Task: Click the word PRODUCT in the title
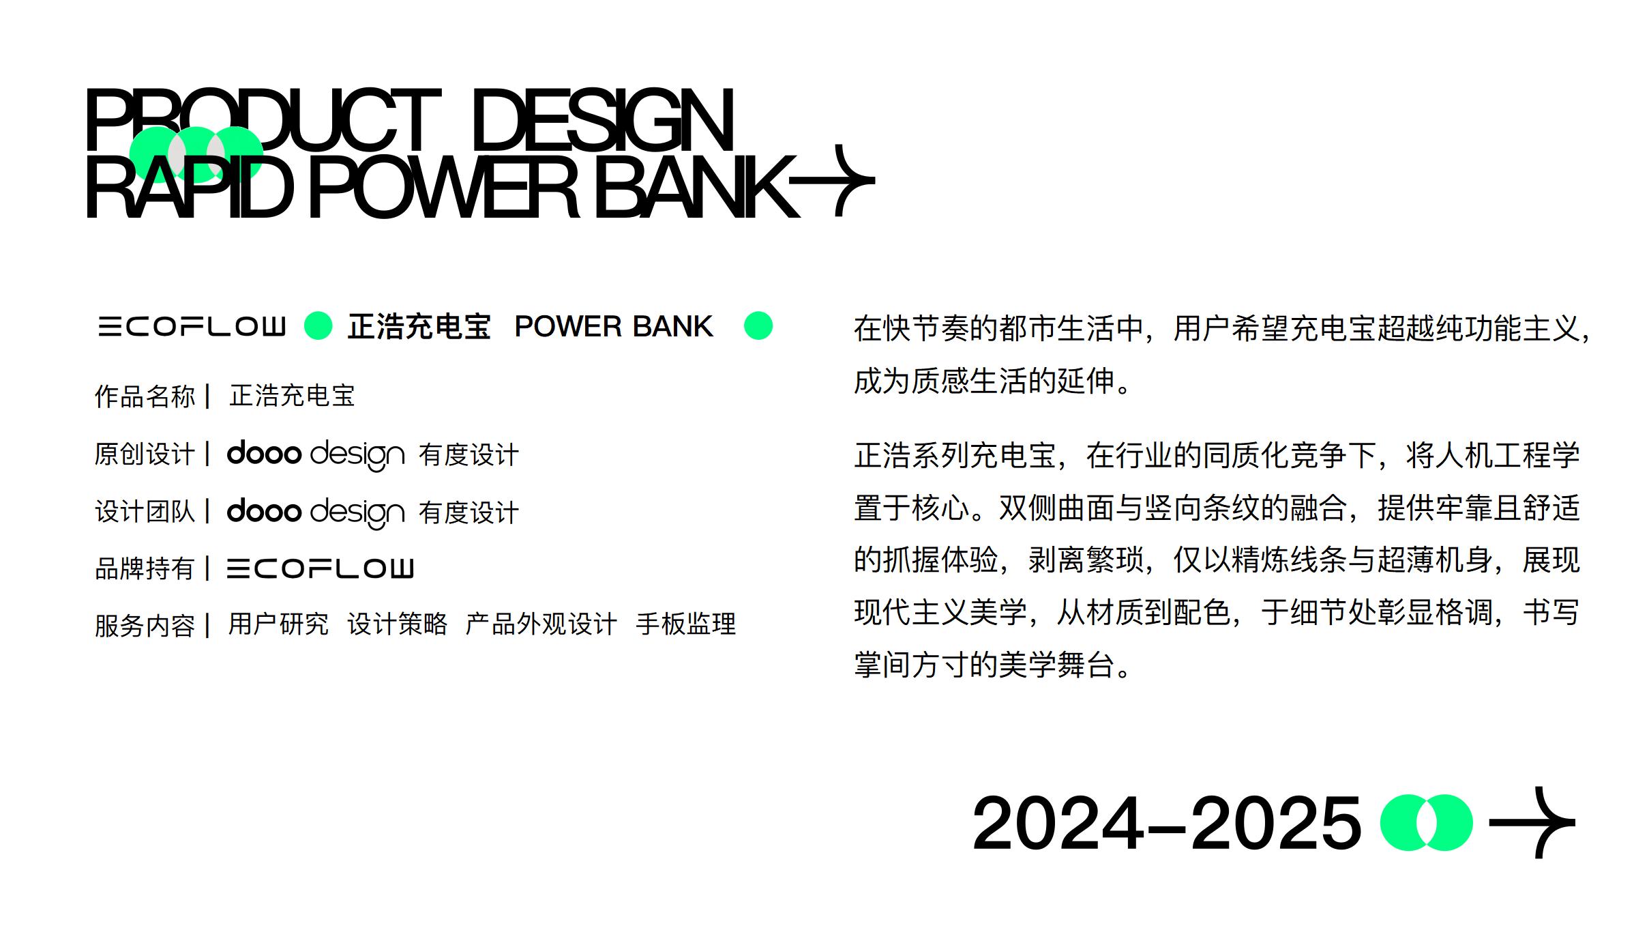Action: tap(263, 121)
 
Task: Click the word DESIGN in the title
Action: tap(601, 121)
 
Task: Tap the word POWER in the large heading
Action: tap(444, 187)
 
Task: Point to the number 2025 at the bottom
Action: tap(1275, 823)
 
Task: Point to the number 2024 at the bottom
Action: tap(1058, 823)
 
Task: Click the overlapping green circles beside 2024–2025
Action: tap(1426, 822)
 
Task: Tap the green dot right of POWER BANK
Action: tap(758, 325)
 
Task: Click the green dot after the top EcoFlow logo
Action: tap(318, 325)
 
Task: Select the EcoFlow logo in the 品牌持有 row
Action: tap(320, 568)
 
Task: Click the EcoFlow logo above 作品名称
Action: tap(192, 326)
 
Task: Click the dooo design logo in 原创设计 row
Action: tap(316, 454)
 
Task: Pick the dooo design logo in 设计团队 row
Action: tap(316, 512)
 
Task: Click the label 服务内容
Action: tap(145, 625)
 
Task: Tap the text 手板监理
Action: tap(685, 624)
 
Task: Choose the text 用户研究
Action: tap(278, 624)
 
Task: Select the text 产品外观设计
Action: tap(541, 624)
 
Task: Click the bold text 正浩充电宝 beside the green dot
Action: tap(419, 326)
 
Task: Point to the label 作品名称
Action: tap(145, 396)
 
